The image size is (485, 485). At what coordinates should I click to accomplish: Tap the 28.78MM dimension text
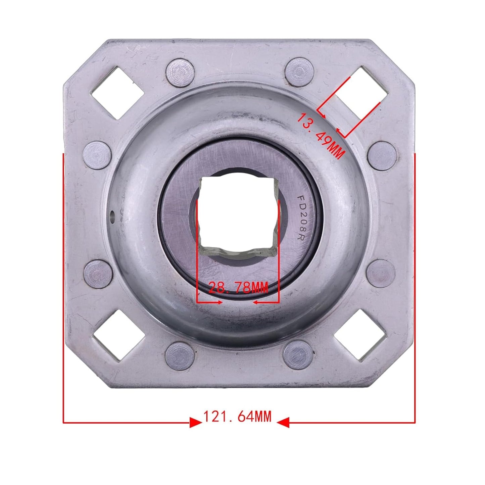click(238, 288)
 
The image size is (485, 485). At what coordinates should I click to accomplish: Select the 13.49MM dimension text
click(321, 136)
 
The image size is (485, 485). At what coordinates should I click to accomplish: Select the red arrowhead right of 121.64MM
click(283, 423)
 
